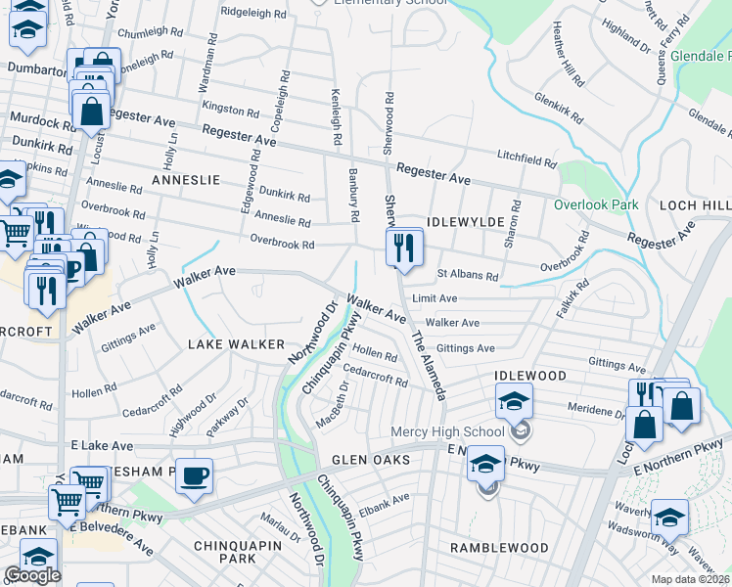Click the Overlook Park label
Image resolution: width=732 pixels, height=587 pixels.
[x=595, y=204]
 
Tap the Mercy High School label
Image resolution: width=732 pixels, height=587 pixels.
[x=447, y=431]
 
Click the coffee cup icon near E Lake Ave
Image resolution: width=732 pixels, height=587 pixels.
[x=193, y=475]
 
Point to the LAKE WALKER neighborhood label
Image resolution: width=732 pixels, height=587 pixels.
[x=236, y=344]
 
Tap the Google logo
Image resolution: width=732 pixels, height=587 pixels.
[x=32, y=575]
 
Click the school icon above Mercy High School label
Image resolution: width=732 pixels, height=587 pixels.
[x=513, y=402]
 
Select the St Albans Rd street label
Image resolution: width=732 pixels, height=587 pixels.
[x=467, y=276]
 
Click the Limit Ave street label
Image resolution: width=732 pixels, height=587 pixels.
[x=435, y=297]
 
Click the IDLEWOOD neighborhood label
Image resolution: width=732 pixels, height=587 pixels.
[x=530, y=376]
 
